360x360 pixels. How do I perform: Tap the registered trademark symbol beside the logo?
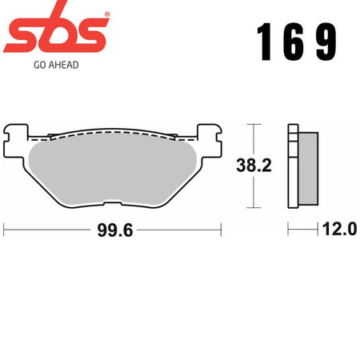pyautogui.click(x=107, y=14)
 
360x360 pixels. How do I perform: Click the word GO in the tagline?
pyautogui.click(x=39, y=65)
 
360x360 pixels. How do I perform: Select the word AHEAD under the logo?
pyautogui.click(x=63, y=65)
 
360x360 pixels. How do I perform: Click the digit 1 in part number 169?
pyautogui.click(x=265, y=42)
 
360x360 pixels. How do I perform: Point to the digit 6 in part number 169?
pyautogui.click(x=293, y=42)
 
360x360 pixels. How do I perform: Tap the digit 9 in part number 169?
pyautogui.click(x=326, y=42)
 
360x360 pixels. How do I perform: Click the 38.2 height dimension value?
pyautogui.click(x=254, y=166)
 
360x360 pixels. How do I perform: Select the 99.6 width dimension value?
pyautogui.click(x=115, y=230)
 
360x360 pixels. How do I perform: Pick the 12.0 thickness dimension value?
pyautogui.click(x=339, y=229)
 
